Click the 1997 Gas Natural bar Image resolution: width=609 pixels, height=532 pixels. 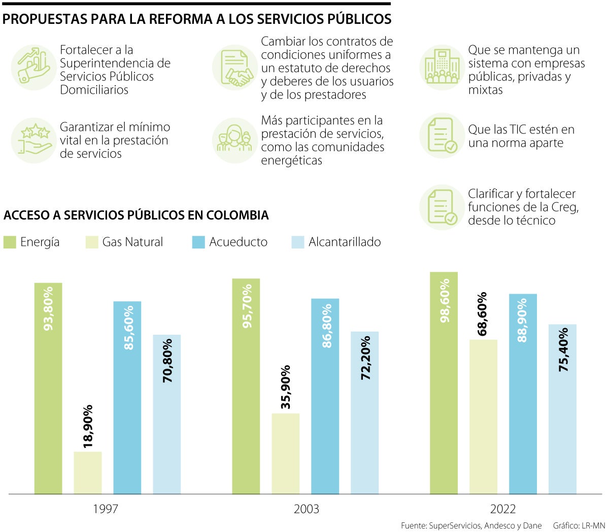click(x=88, y=472)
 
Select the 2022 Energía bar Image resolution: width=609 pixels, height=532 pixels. click(x=444, y=383)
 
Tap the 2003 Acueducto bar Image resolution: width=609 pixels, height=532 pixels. click(x=325, y=396)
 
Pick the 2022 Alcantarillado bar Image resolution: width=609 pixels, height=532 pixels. click(x=562, y=408)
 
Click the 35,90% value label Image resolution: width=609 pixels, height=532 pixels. click(x=286, y=386)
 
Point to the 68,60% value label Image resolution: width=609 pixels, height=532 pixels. click(x=483, y=313)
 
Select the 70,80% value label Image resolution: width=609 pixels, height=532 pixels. click(x=167, y=360)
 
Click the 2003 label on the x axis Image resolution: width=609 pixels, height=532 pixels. click(x=307, y=509)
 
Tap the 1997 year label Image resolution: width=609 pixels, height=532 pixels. click(x=106, y=509)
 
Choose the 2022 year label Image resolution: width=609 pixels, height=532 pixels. click(x=503, y=509)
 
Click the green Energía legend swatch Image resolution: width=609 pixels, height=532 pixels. click(x=10, y=242)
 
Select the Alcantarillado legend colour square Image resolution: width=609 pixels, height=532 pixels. click(x=298, y=242)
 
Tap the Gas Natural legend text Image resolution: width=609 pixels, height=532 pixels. click(x=132, y=242)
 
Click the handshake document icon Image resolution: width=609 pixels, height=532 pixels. click(x=235, y=67)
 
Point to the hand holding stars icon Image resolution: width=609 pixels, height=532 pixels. click(x=33, y=140)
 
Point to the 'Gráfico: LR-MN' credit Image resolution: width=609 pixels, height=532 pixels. click(x=579, y=525)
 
